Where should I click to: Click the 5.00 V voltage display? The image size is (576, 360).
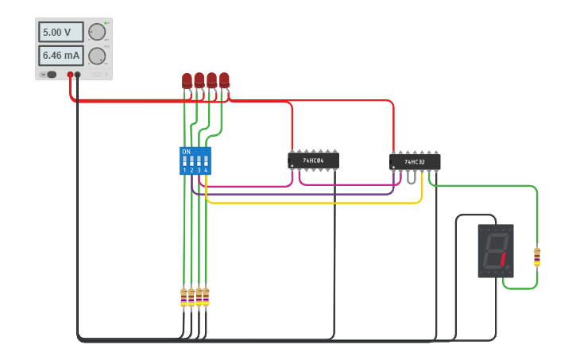tap(60, 33)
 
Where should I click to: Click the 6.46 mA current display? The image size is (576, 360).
tap(60, 56)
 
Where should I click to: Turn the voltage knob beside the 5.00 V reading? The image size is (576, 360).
tap(96, 32)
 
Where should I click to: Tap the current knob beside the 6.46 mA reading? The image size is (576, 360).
tap(96, 56)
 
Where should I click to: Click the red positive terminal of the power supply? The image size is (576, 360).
tap(70, 75)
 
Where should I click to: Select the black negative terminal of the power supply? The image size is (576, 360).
tap(78, 75)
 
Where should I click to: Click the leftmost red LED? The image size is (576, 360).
tap(187, 80)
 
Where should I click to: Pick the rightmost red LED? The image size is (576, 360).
tap(224, 79)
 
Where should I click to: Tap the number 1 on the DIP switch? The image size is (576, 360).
tap(184, 170)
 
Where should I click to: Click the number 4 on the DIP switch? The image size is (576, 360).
tap(206, 170)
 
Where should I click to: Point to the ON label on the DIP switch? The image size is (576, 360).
tap(186, 151)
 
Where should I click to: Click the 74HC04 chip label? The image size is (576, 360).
tap(313, 161)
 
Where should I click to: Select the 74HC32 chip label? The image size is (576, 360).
tap(415, 162)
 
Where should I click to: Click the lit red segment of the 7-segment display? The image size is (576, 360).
tap(502, 259)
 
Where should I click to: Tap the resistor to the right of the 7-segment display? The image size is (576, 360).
tap(537, 257)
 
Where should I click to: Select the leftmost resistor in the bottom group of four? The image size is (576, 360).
tap(184, 297)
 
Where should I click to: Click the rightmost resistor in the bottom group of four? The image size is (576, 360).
tap(206, 297)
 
